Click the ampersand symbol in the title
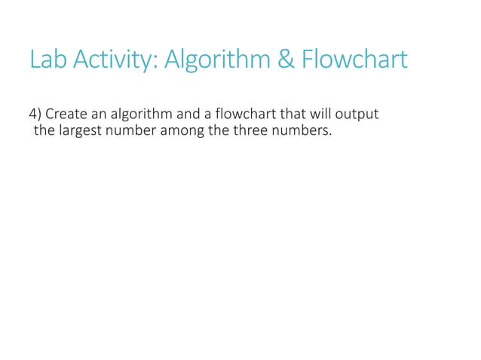(287, 59)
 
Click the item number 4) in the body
(35, 114)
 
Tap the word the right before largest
(44, 130)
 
